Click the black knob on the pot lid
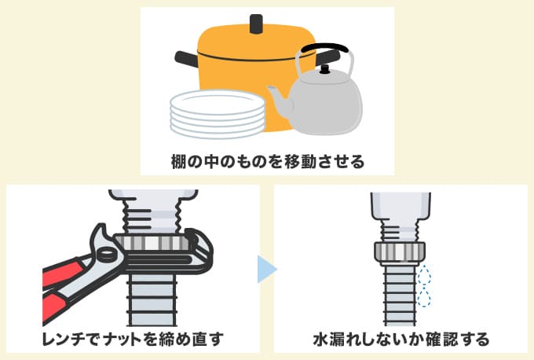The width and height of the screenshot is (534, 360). [x=256, y=24]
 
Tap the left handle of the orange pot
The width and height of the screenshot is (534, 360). [x=187, y=59]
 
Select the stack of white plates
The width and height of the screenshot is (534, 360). [x=218, y=114]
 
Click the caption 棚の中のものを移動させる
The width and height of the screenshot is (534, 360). [x=268, y=161]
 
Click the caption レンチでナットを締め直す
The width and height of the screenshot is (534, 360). [x=133, y=339]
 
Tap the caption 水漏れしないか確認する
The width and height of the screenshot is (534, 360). [x=400, y=339]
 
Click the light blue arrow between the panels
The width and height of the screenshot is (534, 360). [x=267, y=269]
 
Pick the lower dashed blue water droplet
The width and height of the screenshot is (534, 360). [x=423, y=297]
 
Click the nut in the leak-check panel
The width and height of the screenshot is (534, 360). [x=400, y=252]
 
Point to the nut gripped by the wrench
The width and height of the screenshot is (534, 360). [x=152, y=243]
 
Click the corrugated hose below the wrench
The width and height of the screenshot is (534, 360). [x=152, y=300]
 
